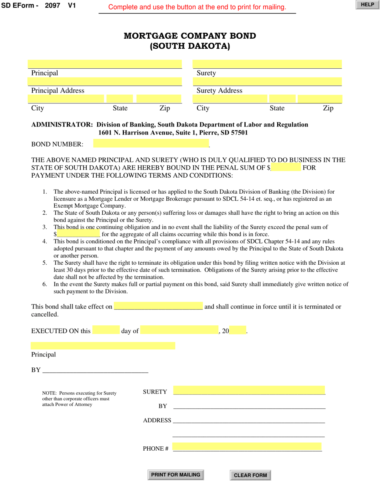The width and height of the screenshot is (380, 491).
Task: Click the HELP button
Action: click(367, 5)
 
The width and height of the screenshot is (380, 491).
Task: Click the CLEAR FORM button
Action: click(250, 475)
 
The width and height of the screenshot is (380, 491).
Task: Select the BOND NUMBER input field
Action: click(151, 144)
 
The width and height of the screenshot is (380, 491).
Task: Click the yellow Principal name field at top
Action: click(104, 64)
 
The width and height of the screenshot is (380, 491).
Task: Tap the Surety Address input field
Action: click(267, 82)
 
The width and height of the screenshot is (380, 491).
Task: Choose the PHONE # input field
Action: click(247, 447)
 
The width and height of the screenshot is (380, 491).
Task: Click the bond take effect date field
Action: click(158, 306)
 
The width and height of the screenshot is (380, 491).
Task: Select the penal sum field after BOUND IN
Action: click(286, 167)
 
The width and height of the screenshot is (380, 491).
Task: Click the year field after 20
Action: click(238, 330)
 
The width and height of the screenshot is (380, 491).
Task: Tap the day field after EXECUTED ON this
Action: click(106, 330)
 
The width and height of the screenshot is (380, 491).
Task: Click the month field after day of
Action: click(179, 330)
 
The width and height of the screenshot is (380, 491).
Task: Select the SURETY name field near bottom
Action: click(249, 390)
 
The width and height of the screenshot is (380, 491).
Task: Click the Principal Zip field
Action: click(159, 99)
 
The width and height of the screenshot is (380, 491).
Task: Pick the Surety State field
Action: click(282, 99)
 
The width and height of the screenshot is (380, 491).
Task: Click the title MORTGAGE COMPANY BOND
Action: click(190, 36)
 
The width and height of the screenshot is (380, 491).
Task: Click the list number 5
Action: click(45, 263)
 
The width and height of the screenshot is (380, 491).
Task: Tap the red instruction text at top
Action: click(197, 7)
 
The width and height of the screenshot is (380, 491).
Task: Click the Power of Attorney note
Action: click(79, 398)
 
